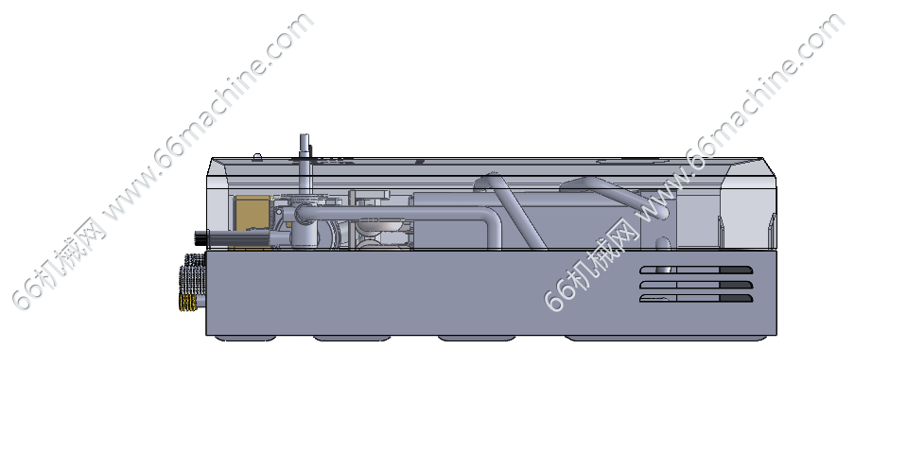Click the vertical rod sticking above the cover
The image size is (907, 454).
[x=304, y=159]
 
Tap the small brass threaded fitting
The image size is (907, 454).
[x=187, y=303]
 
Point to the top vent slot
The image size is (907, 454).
[x=696, y=271]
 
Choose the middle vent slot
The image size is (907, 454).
[x=696, y=285]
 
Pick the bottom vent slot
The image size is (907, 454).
[x=696, y=299]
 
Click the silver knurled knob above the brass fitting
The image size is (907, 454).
[x=193, y=274]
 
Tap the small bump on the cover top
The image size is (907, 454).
[x=257, y=156]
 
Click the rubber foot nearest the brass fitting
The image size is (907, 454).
[x=245, y=339]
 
